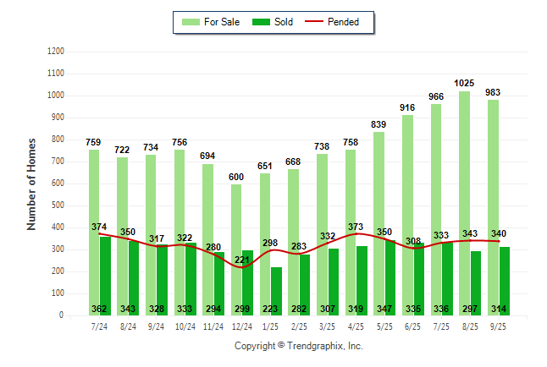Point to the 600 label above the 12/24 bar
(x=236, y=153)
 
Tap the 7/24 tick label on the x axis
(x=99, y=326)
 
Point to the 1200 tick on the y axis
(x=56, y=52)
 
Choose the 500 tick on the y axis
(x=58, y=205)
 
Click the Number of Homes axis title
(x=31, y=183)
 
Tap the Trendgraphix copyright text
(x=298, y=346)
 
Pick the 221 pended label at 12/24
(x=243, y=259)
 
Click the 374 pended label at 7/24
(x=100, y=227)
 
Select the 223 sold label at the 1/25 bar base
(x=271, y=309)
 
